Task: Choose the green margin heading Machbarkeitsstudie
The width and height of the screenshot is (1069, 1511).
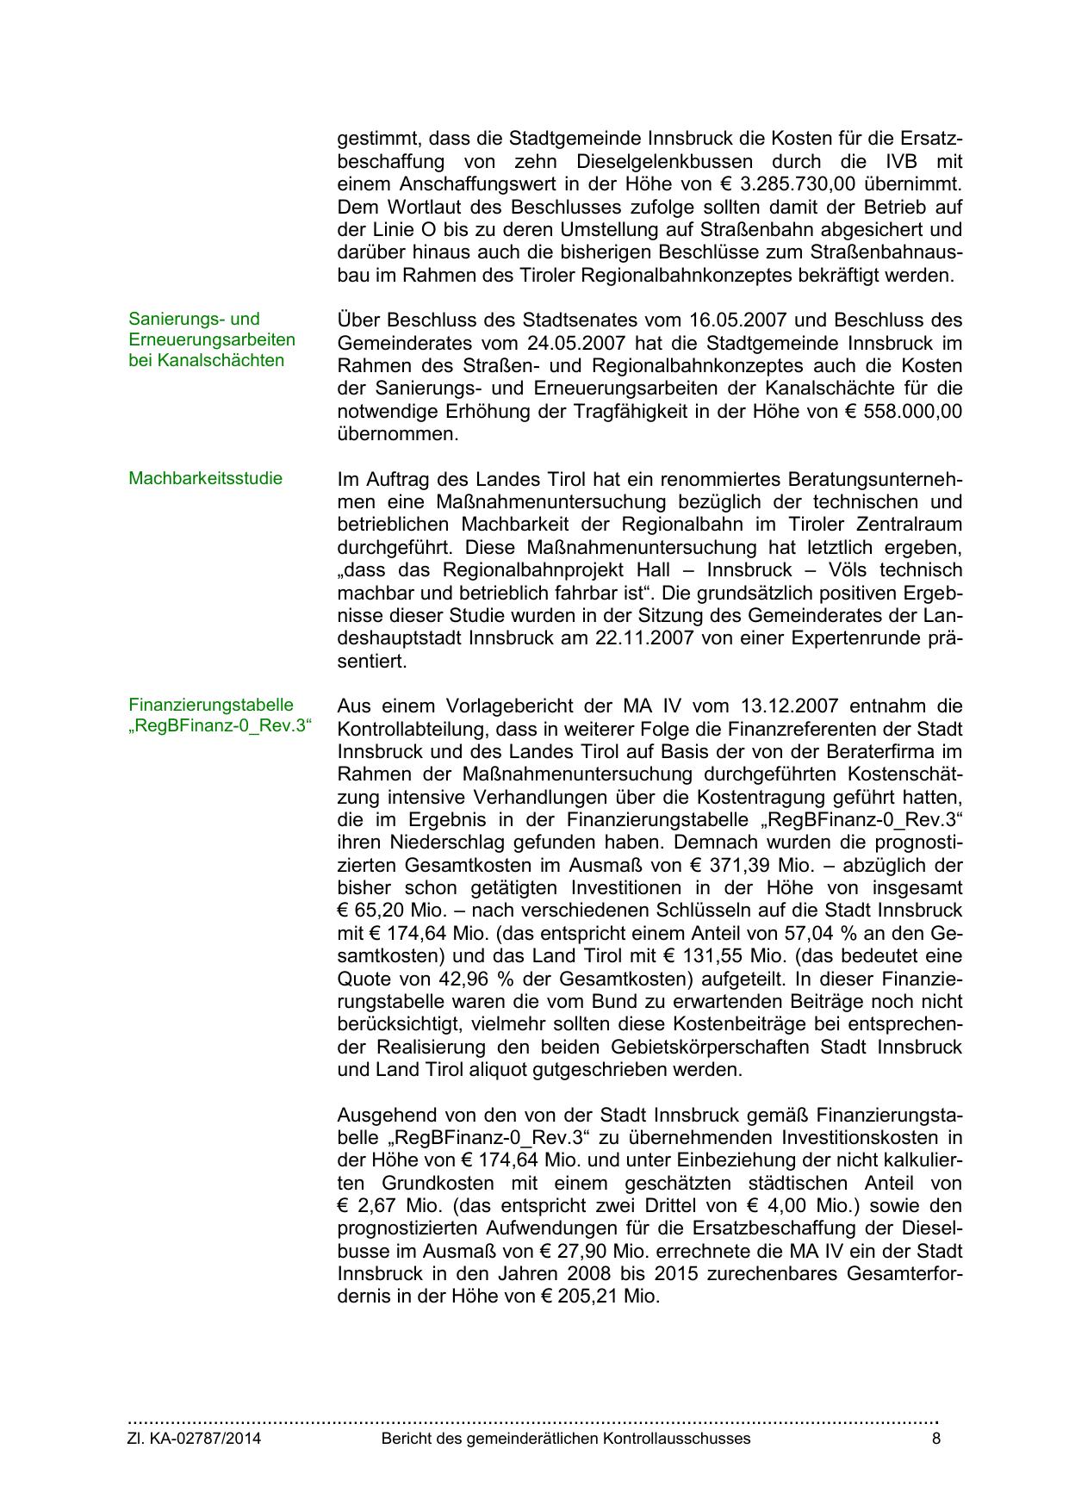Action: [x=205, y=478]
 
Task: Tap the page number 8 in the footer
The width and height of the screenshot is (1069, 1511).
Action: [x=936, y=1439]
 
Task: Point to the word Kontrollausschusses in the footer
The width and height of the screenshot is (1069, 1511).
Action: [x=677, y=1439]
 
